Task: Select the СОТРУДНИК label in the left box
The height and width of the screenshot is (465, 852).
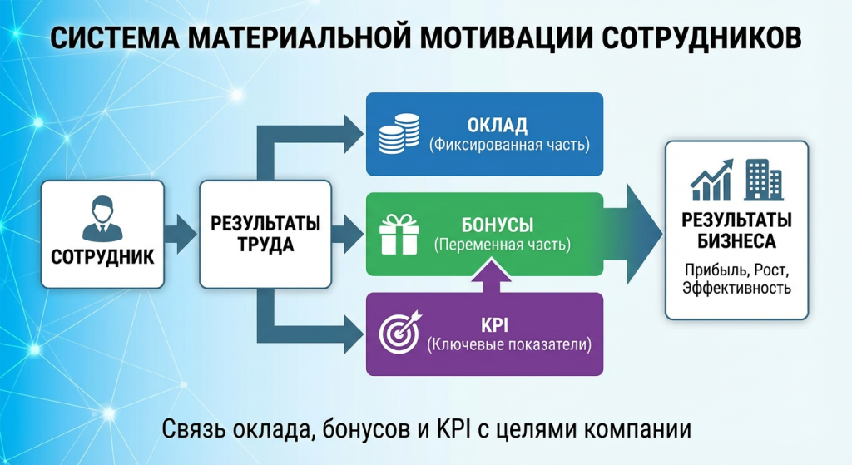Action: pyautogui.click(x=102, y=255)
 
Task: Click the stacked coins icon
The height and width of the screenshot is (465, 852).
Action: pyautogui.click(x=399, y=134)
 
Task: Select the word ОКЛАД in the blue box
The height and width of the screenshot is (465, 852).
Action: pyautogui.click(x=497, y=126)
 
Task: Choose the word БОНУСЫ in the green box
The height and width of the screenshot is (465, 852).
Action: pyautogui.click(x=497, y=225)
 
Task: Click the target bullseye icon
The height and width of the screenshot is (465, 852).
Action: pyautogui.click(x=399, y=333)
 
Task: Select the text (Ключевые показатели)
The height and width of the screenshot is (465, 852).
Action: pyautogui.click(x=508, y=344)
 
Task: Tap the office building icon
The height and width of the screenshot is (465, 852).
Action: pyautogui.click(x=763, y=180)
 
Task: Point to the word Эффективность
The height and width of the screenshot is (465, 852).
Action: pyautogui.click(x=736, y=289)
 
